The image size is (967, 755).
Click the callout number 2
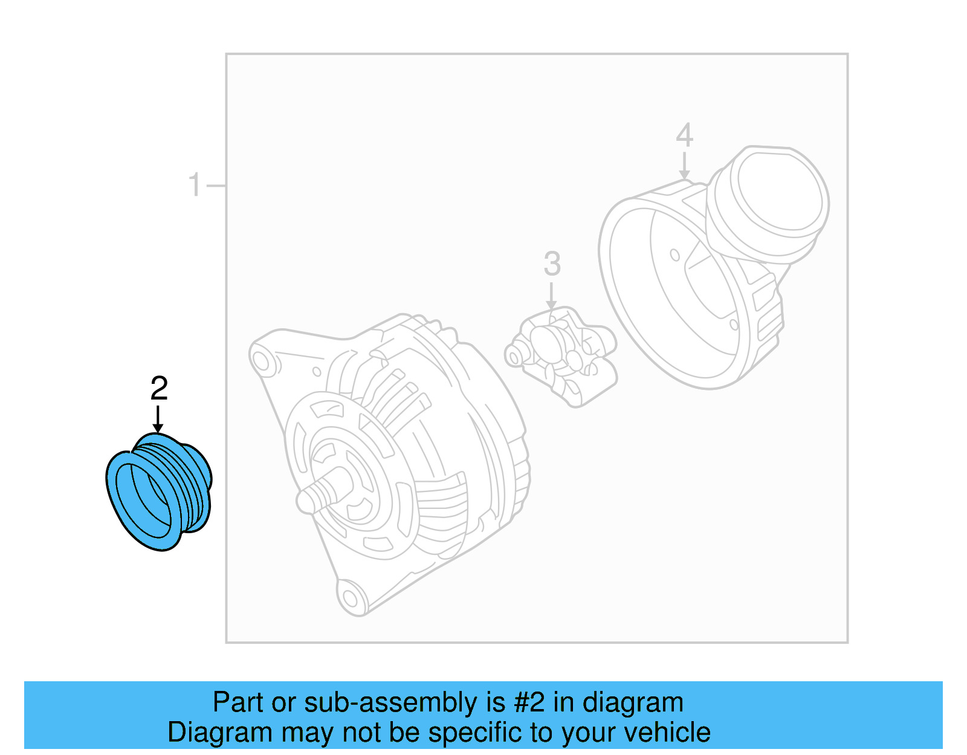tap(159, 388)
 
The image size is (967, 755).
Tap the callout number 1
tap(194, 184)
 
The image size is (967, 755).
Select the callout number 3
tap(552, 264)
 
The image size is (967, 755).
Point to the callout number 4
tap(684, 135)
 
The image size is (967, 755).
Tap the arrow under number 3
tap(551, 296)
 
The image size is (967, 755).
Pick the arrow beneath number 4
tap(684, 166)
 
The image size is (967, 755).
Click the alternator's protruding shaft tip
tap(306, 500)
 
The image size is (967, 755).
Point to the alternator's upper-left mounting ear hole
tap(261, 361)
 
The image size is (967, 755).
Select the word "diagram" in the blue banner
tap(633, 702)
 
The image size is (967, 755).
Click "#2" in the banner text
tap(529, 702)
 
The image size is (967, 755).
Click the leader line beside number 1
tap(216, 185)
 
